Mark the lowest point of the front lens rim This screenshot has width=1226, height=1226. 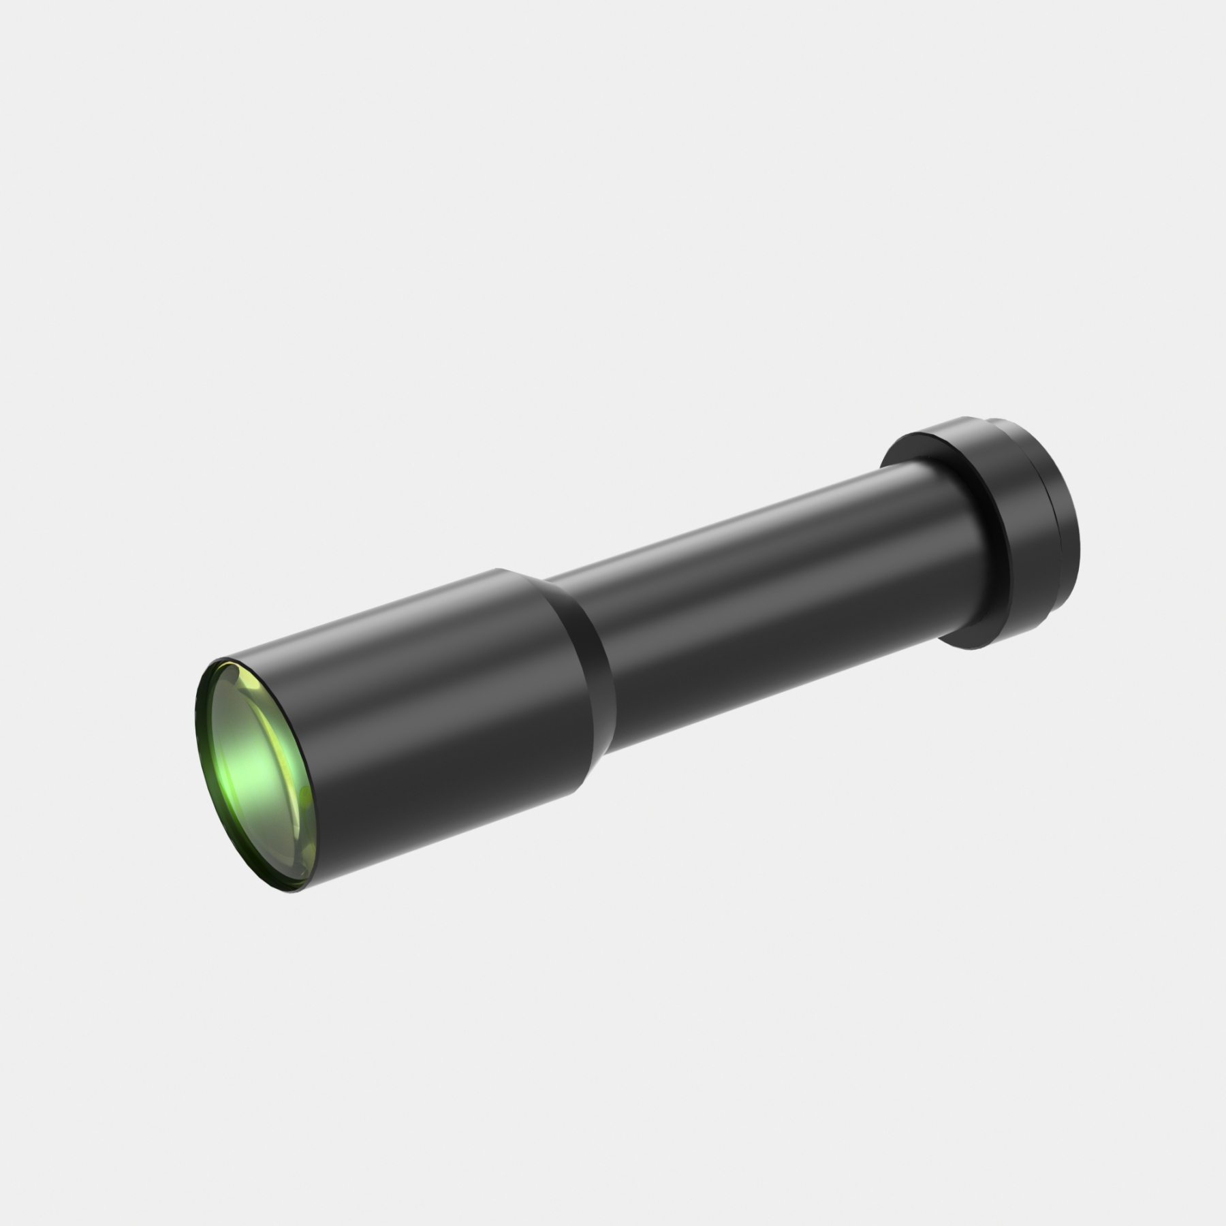coord(292,891)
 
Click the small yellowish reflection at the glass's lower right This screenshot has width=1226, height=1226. coord(304,804)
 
